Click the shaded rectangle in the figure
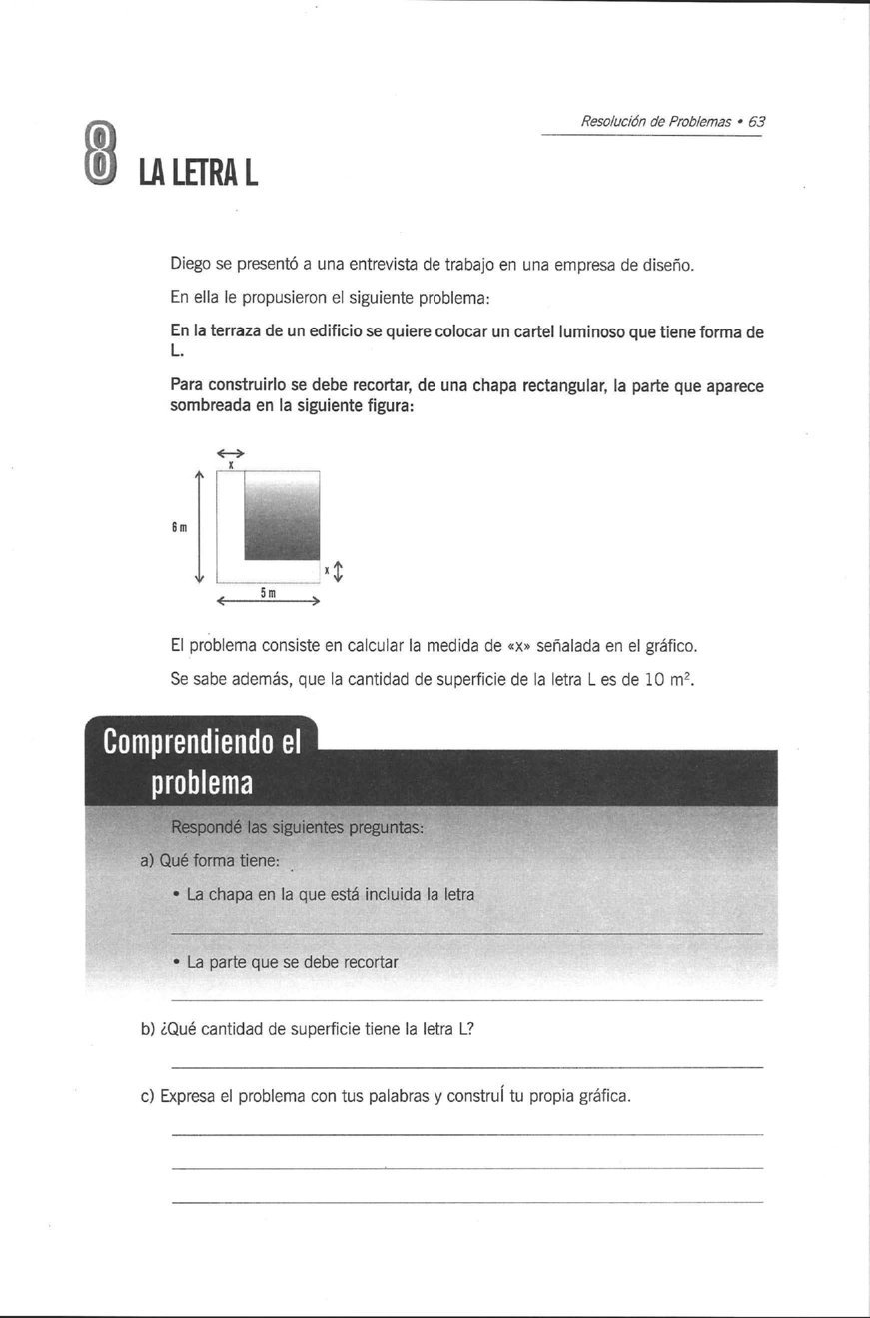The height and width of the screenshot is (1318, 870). (282, 516)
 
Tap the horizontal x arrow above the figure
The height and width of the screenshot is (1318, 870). (230, 453)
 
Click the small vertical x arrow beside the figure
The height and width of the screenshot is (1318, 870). (338, 572)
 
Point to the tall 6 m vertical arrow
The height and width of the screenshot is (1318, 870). (200, 526)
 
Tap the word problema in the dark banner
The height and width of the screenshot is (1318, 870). (201, 783)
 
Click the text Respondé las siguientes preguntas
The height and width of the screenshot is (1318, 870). (298, 827)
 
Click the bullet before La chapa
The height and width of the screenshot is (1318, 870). (176, 895)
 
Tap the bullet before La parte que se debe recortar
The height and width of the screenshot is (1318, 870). (176, 963)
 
